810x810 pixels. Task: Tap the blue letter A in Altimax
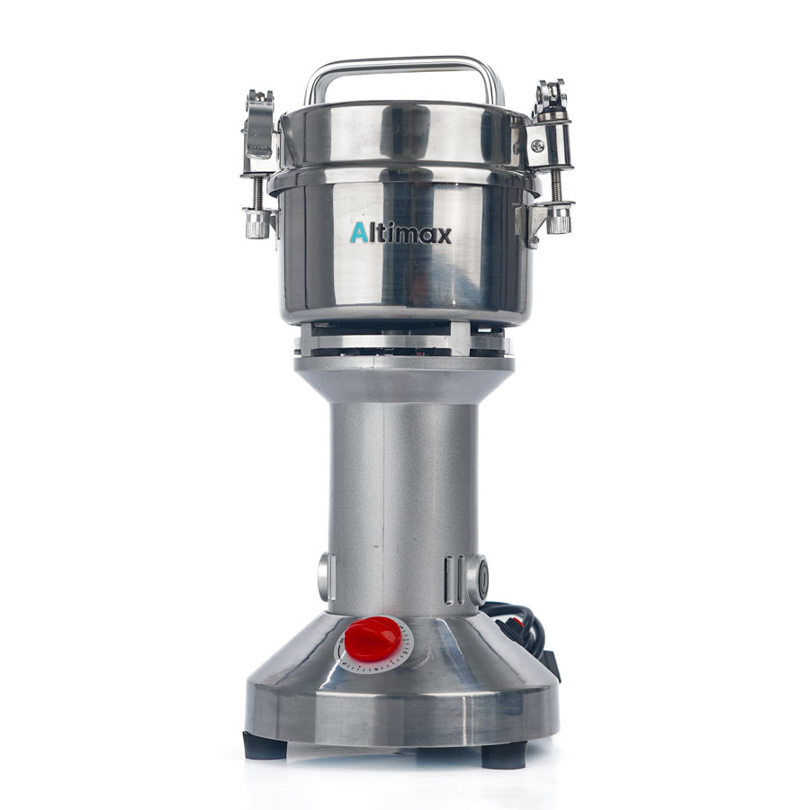(x=358, y=233)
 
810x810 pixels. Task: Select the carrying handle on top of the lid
(x=404, y=67)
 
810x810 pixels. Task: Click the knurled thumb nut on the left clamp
(x=257, y=222)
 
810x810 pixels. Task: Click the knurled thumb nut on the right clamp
(x=560, y=219)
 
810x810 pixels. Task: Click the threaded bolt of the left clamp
(x=257, y=188)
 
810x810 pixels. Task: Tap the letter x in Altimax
(x=443, y=236)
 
